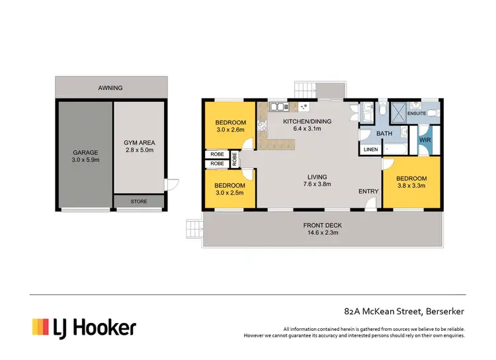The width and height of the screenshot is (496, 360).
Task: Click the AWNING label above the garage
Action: tap(110, 87)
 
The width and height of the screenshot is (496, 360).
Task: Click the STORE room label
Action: tap(138, 201)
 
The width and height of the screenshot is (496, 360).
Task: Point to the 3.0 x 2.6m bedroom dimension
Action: tap(231, 130)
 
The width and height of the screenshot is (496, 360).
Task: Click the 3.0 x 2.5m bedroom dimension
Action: tap(231, 193)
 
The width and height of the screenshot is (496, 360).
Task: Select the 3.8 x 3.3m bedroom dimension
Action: tap(411, 186)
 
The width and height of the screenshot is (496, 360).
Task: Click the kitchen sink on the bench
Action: tap(278, 106)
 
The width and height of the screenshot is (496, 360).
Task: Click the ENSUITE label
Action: tap(417, 113)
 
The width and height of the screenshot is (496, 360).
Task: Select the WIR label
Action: tap(425, 140)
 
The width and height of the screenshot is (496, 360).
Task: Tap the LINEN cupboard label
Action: tap(370, 150)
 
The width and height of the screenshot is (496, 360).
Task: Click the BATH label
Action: tap(384, 134)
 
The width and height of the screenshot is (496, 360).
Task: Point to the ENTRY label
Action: tap(368, 191)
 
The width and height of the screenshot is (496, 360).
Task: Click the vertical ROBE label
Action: tap(235, 159)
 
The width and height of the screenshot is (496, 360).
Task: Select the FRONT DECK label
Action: tap(323, 224)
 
